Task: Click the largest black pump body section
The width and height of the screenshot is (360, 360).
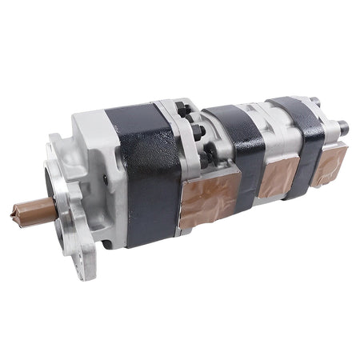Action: [148, 168]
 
